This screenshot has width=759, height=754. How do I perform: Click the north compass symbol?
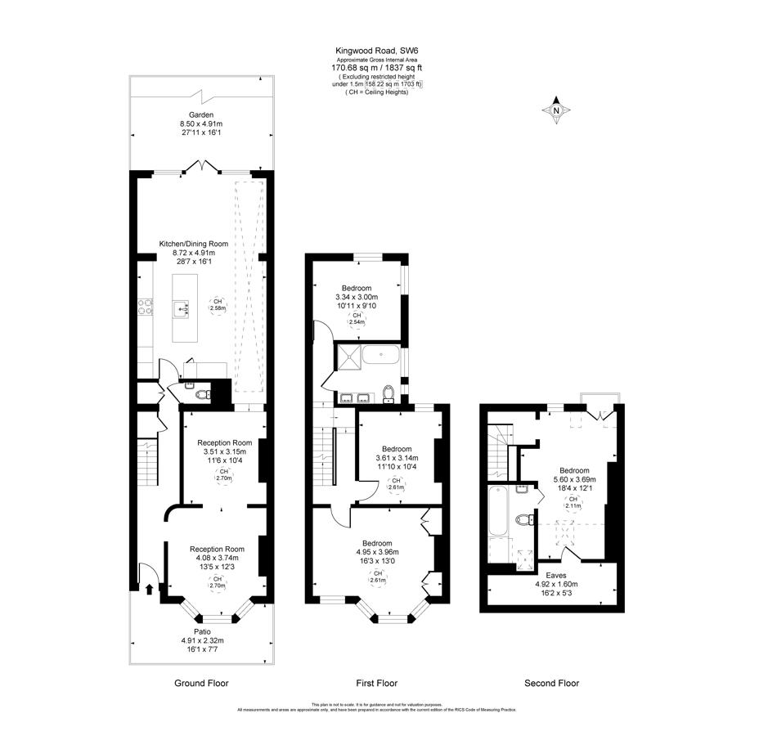click(556, 110)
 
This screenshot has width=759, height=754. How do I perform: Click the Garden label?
click(201, 115)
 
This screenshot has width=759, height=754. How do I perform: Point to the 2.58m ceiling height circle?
click(218, 304)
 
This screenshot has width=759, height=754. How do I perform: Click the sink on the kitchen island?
click(180, 308)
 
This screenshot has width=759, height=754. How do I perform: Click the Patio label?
click(200, 631)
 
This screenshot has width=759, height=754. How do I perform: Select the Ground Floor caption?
click(201, 683)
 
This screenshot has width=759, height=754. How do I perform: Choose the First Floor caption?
click(378, 683)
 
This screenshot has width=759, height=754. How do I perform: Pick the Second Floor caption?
click(551, 683)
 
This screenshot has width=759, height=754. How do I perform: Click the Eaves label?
click(555, 575)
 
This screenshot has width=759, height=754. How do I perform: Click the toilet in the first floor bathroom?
click(388, 393)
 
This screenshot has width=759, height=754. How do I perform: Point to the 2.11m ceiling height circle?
click(573, 502)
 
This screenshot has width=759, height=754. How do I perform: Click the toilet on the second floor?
click(523, 519)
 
